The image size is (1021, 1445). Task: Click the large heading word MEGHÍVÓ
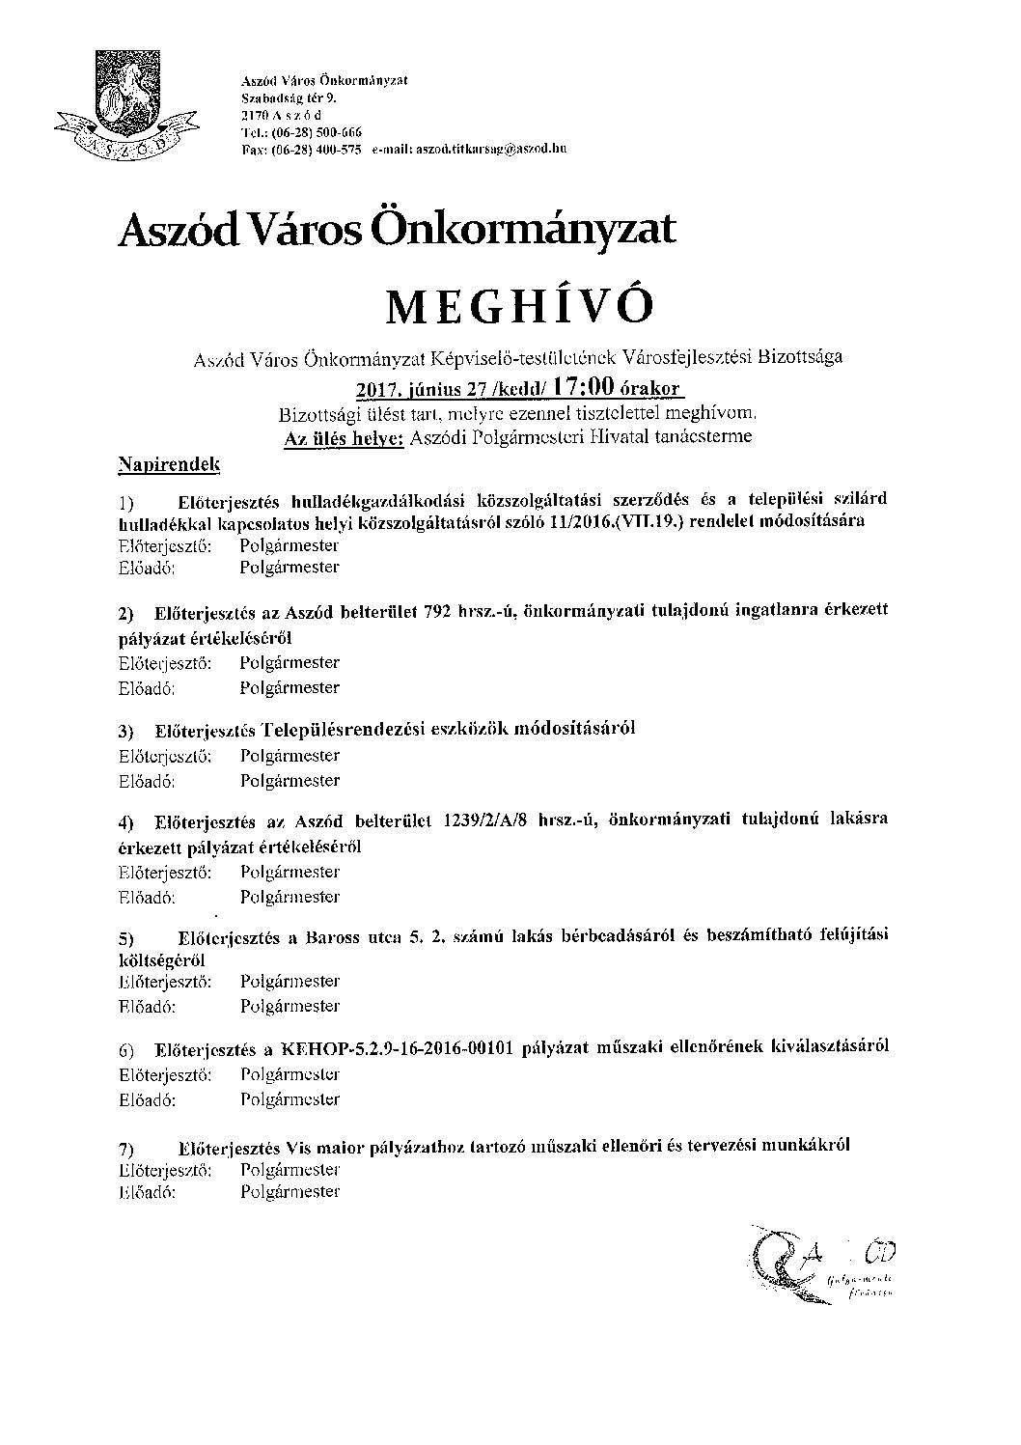[519, 306]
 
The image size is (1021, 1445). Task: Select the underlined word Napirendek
[168, 465]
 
